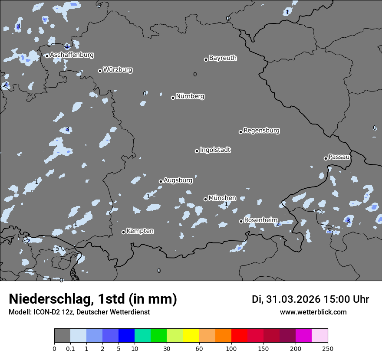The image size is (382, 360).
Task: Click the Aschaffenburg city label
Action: tap(72, 55)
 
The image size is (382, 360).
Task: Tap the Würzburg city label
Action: tap(118, 70)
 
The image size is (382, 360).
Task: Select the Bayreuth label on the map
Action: tap(223, 58)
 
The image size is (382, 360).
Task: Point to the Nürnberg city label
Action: tap(190, 96)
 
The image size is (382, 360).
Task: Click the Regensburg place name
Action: tap(261, 131)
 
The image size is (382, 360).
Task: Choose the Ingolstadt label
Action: tap(215, 150)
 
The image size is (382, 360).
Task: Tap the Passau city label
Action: tap(339, 157)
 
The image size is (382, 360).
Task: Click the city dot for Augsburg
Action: tap(161, 181)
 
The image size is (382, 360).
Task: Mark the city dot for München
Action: tap(205, 199)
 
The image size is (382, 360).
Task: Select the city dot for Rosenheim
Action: tap(241, 221)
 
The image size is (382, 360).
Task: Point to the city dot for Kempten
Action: tap(123, 232)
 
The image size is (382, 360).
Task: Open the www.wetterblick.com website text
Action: tap(313, 312)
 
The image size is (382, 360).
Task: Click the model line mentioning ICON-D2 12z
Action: tap(79, 312)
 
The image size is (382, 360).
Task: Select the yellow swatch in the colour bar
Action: tap(191, 336)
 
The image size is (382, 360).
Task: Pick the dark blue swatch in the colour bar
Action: tap(126, 336)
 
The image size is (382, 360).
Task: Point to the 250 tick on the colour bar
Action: tap(328, 348)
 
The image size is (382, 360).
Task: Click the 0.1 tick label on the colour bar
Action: tap(70, 348)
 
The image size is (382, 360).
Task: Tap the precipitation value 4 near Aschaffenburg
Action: tap(66, 46)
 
